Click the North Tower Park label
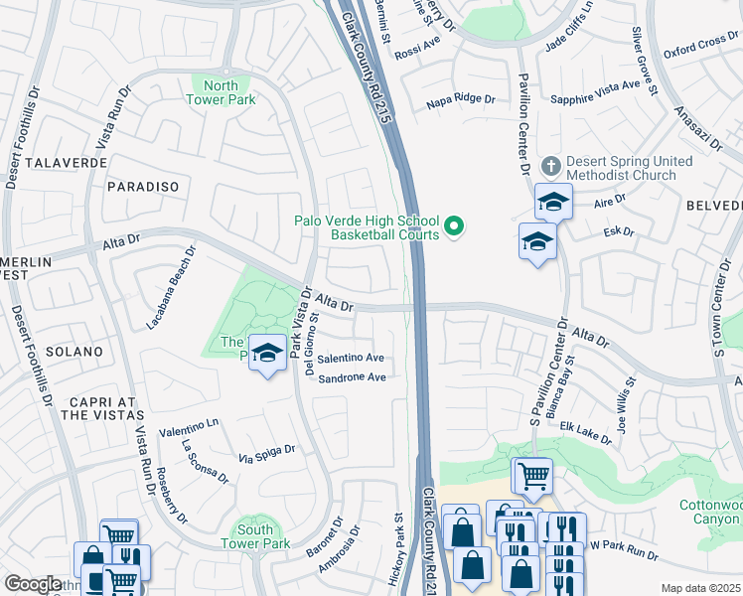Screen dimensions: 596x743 tap(222, 92)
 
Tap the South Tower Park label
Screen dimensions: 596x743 tap(255, 536)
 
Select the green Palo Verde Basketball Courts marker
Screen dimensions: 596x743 tap(455, 228)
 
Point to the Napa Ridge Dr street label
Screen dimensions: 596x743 tap(461, 99)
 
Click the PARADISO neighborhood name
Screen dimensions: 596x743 tap(143, 187)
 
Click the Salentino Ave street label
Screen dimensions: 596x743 tap(351, 358)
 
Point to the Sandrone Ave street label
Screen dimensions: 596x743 tap(351, 377)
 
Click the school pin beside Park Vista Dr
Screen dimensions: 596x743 tap(267, 355)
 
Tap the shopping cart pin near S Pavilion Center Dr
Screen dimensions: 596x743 tap(532, 476)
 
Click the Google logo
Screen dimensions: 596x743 tap(33, 584)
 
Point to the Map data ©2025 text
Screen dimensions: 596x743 tap(700, 588)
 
